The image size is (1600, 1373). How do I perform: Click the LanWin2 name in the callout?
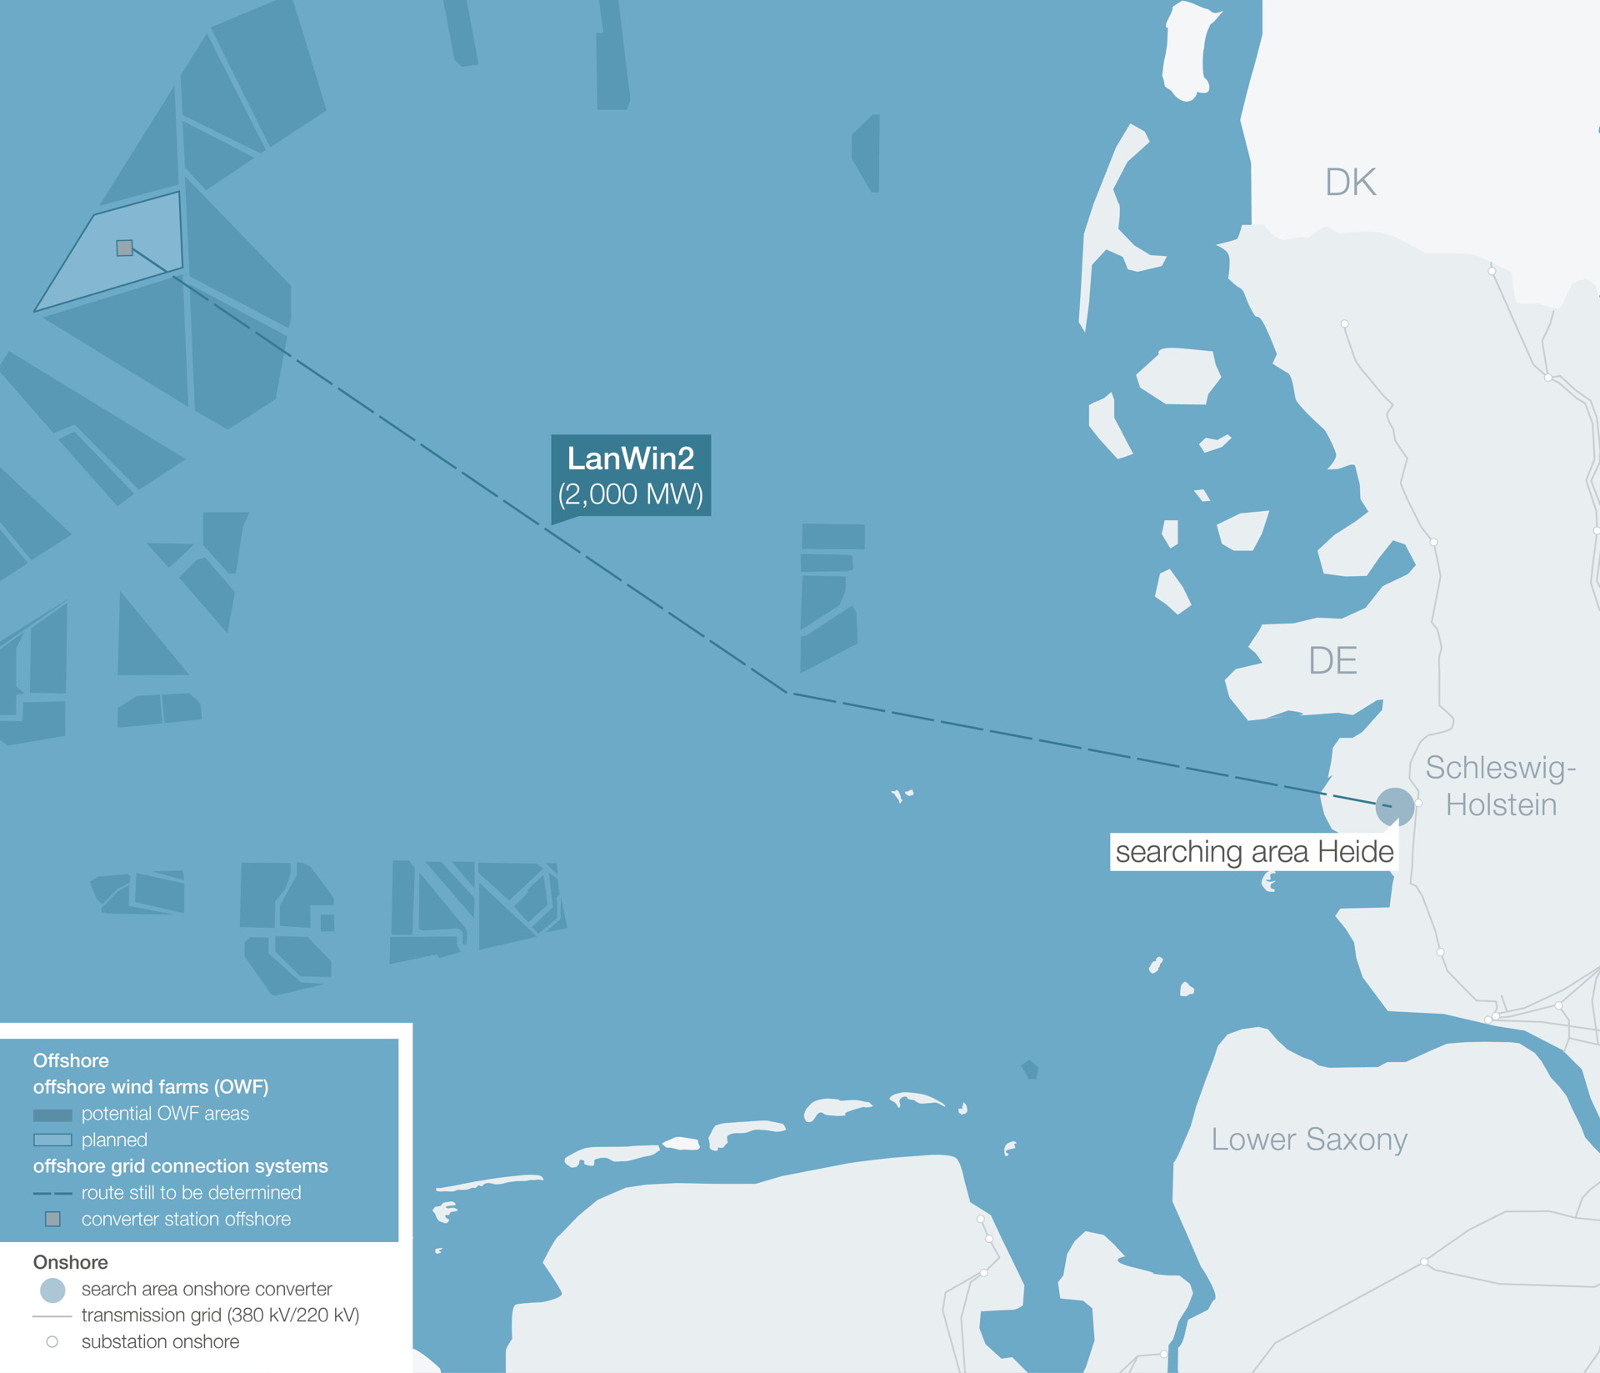tap(630, 459)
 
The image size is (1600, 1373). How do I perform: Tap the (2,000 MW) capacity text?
tap(630, 494)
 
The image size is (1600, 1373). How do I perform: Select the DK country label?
tap(1350, 183)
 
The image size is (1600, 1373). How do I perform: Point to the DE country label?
tap(1332, 661)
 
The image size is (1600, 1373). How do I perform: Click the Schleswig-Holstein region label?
tap(1501, 786)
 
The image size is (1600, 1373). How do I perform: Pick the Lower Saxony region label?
tap(1309, 1139)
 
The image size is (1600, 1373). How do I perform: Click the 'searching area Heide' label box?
tap(1253, 852)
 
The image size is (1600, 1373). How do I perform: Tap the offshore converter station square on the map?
tap(125, 248)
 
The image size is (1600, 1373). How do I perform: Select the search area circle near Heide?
tap(1394, 806)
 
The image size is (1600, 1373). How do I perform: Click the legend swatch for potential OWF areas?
tap(52, 1115)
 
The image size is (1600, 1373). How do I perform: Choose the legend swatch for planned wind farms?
tap(52, 1140)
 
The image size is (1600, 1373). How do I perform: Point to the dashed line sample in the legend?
tap(52, 1194)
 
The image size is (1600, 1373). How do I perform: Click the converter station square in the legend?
tap(52, 1220)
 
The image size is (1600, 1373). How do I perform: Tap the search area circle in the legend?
tap(52, 1290)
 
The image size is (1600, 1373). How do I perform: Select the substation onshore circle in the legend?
tap(52, 1342)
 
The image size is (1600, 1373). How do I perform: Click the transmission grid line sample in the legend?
tap(52, 1316)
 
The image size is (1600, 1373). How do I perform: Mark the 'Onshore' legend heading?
tap(70, 1262)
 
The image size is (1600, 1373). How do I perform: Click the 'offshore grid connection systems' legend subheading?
tap(180, 1166)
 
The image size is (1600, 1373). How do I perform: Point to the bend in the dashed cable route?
tap(787, 692)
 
